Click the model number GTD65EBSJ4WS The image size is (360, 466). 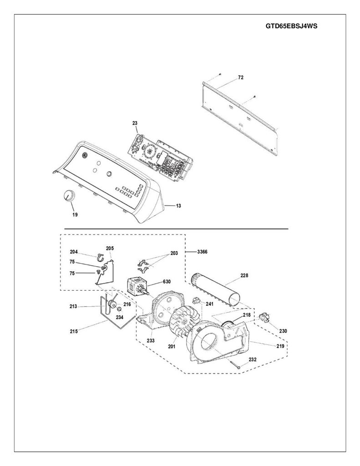(291, 26)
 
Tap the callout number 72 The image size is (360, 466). (241, 77)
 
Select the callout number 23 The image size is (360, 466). (135, 123)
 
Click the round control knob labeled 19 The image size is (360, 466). (69, 196)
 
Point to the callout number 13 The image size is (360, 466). (178, 206)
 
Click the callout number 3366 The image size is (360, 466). (203, 252)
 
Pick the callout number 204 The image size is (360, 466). (74, 252)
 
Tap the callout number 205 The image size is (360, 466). (110, 248)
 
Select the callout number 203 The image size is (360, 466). (174, 253)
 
